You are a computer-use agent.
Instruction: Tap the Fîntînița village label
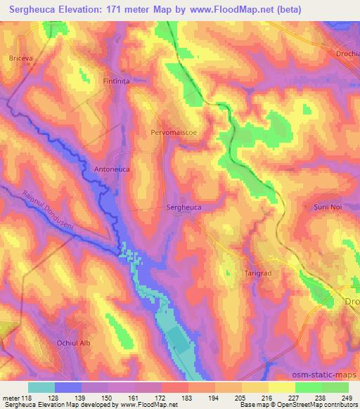pos(117,81)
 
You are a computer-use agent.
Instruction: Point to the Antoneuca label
pos(112,169)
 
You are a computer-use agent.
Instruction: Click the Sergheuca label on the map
pos(184,207)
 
